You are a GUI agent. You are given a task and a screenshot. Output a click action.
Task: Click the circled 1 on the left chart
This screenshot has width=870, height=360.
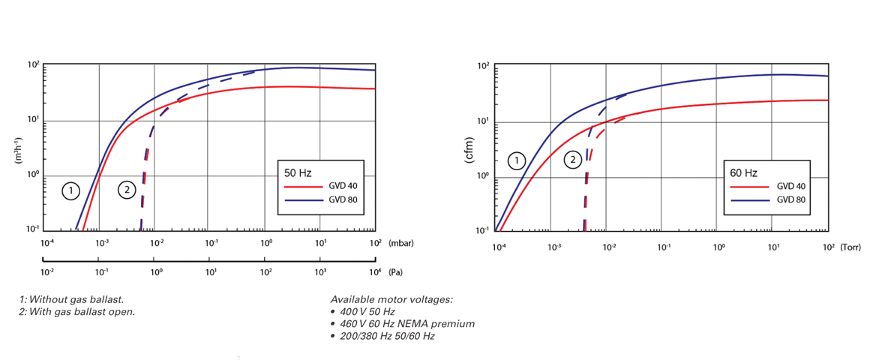click(70, 190)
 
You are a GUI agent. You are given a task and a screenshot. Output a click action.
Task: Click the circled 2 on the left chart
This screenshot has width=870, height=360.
click(127, 190)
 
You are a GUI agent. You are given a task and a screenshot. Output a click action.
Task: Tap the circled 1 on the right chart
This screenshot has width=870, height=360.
click(516, 160)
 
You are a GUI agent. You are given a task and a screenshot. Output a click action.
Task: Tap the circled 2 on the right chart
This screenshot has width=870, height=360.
click(572, 160)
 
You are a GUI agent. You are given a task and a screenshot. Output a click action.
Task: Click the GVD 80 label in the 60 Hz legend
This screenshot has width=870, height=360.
click(790, 200)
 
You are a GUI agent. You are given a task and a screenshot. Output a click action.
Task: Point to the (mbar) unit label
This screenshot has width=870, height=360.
click(401, 243)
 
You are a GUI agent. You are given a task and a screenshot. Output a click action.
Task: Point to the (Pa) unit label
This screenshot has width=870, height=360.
click(395, 272)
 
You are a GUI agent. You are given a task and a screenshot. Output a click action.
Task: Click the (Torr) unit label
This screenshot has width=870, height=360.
click(851, 246)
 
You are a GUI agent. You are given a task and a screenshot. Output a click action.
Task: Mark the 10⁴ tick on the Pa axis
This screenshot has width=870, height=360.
click(375, 272)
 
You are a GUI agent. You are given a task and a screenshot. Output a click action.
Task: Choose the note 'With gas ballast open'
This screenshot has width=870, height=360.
click(77, 311)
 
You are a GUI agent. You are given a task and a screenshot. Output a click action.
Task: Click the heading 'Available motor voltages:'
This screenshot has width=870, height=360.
click(391, 299)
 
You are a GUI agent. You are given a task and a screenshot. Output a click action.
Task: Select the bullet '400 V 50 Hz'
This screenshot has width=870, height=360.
click(366, 311)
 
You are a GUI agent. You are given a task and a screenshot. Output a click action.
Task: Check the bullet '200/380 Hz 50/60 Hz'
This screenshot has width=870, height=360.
click(385, 335)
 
